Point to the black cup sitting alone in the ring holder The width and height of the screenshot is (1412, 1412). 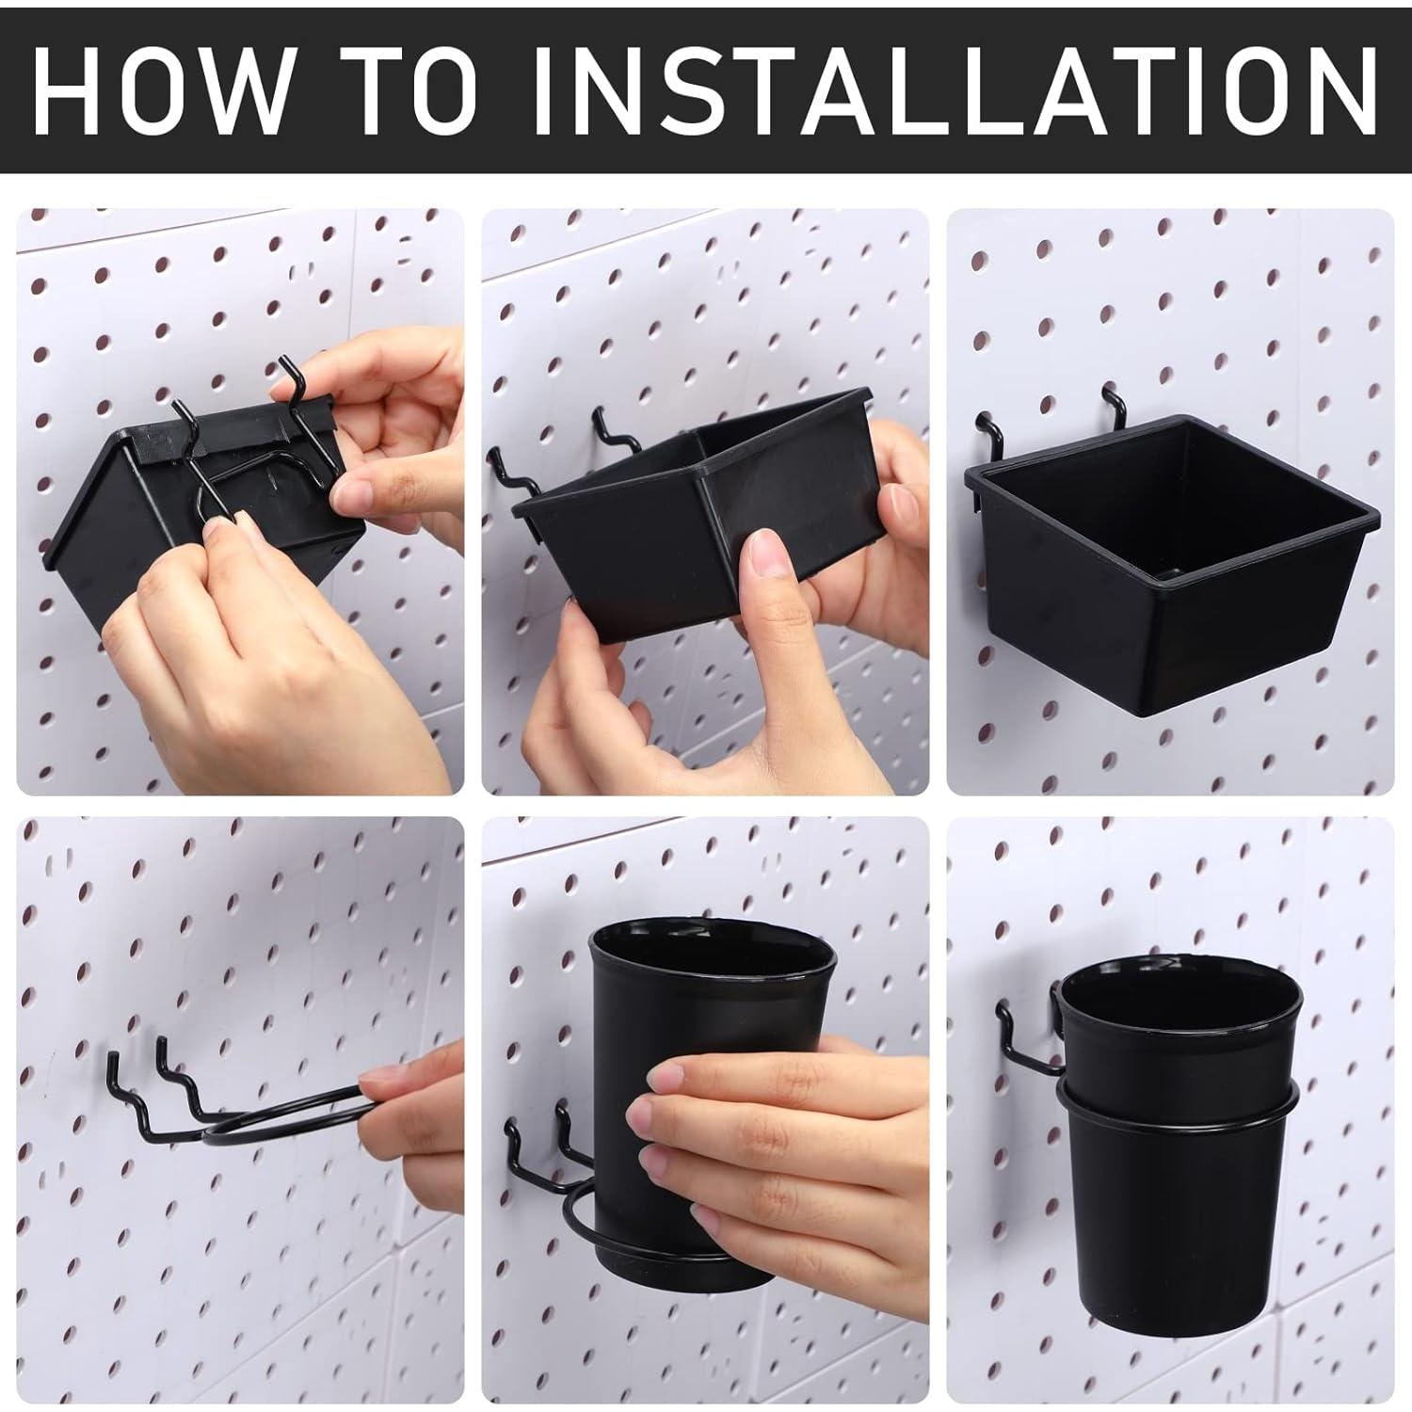tap(1177, 1158)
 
